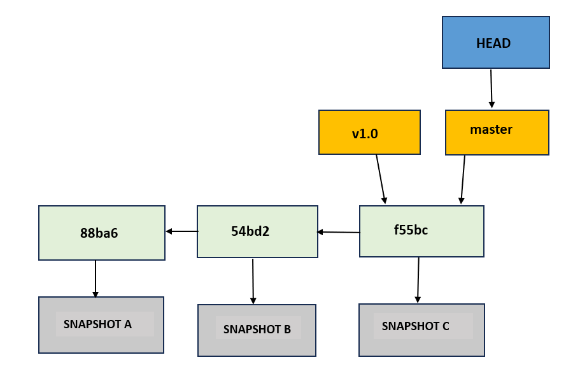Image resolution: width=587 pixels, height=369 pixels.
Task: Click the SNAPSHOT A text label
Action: pyautogui.click(x=98, y=324)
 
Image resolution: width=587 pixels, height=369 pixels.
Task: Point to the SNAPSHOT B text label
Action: pyautogui.click(x=257, y=329)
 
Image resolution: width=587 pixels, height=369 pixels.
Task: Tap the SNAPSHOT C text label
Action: pyautogui.click(x=416, y=326)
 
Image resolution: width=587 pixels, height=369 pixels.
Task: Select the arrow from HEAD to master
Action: pyautogui.click(x=492, y=89)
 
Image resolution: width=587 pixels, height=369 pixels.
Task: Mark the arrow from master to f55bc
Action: pyautogui.click(x=463, y=179)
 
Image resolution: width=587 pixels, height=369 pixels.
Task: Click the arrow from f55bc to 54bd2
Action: pyautogui.click(x=339, y=232)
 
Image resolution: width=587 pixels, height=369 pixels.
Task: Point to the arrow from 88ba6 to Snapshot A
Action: pyautogui.click(x=95, y=279)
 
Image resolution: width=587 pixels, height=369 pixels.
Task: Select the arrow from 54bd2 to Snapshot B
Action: pyautogui.click(x=253, y=281)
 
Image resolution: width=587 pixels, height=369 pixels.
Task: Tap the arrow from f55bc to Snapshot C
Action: pyautogui.click(x=418, y=280)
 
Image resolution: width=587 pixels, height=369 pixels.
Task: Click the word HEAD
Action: pyautogui.click(x=493, y=43)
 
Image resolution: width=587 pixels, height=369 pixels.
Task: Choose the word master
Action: pyautogui.click(x=491, y=129)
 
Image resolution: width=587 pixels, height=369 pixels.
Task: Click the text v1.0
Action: pyautogui.click(x=365, y=134)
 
